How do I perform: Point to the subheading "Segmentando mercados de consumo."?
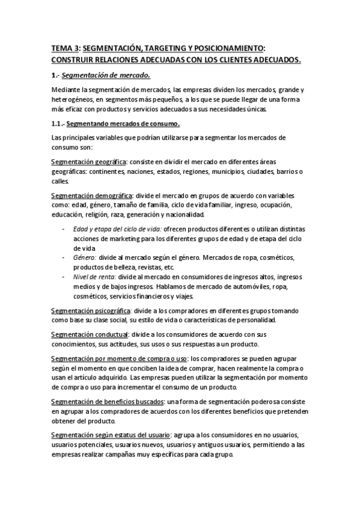coord(123,124)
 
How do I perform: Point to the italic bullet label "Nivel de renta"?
coord(94,277)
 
